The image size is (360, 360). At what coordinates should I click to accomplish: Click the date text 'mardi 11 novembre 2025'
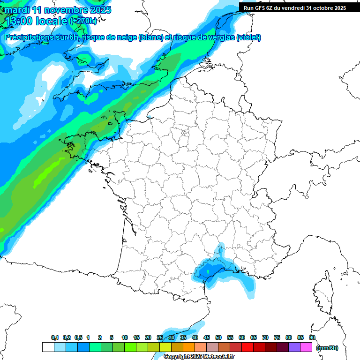58,10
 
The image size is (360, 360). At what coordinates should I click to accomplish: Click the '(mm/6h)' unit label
327,348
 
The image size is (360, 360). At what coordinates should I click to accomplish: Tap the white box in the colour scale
48,347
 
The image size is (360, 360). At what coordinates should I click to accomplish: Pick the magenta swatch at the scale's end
307,347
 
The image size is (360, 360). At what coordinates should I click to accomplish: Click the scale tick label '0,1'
55,338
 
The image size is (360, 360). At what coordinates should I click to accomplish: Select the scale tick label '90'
312,338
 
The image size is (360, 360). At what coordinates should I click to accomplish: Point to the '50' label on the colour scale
218,338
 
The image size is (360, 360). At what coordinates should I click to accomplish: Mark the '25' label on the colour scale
160,338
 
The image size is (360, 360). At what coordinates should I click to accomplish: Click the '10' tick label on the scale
125,338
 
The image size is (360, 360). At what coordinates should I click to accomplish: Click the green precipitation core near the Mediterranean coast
207,270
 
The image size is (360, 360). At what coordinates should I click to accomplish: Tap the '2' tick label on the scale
100,338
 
